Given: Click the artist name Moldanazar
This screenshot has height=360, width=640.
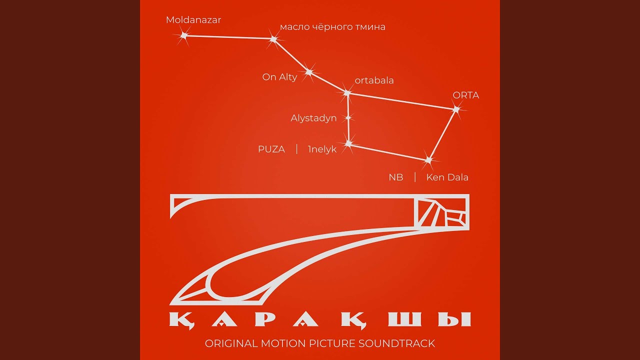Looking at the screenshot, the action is pyautogui.click(x=193, y=20).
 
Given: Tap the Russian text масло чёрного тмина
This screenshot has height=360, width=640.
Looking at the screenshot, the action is pyautogui.click(x=332, y=27).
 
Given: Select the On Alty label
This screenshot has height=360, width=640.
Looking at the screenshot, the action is pyautogui.click(x=279, y=77).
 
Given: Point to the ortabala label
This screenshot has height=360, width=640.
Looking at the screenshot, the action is pyautogui.click(x=374, y=80).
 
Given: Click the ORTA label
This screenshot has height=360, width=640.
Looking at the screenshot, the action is pyautogui.click(x=465, y=95).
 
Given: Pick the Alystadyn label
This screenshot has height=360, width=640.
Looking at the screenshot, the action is pyautogui.click(x=313, y=118).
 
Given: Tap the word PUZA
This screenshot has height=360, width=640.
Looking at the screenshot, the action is pyautogui.click(x=271, y=149).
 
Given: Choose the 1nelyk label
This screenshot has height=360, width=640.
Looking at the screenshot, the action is pyautogui.click(x=322, y=149).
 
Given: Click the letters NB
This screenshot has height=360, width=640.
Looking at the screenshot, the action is pyautogui.click(x=396, y=177).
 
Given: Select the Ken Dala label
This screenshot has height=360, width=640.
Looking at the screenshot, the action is pyautogui.click(x=447, y=177).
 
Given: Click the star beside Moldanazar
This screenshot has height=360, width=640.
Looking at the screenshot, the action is pyautogui.click(x=184, y=35).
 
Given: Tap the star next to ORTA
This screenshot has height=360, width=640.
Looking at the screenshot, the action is pyautogui.click(x=456, y=109).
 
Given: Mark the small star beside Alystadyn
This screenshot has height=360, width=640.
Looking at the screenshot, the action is pyautogui.click(x=348, y=117).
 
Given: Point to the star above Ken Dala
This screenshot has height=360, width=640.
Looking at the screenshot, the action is pyautogui.click(x=428, y=160).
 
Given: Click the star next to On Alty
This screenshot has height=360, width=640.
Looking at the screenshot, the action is pyautogui.click(x=309, y=72).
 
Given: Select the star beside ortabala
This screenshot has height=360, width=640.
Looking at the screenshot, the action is pyautogui.click(x=347, y=93).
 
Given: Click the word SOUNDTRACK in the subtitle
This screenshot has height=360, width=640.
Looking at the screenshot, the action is pyautogui.click(x=396, y=343).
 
